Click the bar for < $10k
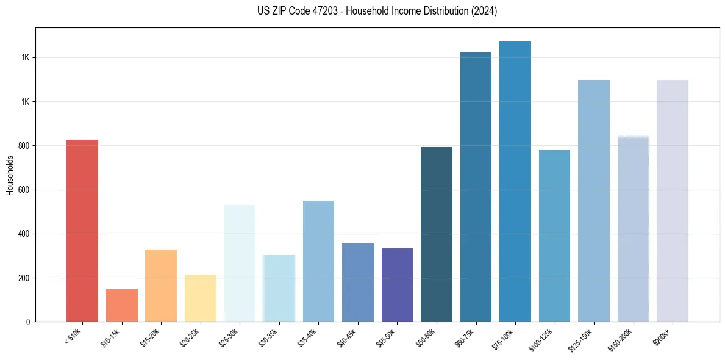point(82,231)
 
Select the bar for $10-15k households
point(121,305)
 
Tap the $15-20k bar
point(161,286)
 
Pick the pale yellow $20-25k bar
point(200,298)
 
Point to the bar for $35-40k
point(318,261)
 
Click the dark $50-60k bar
point(437,234)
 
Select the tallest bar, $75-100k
point(515,181)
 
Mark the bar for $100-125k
point(554,236)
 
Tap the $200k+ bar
point(672,201)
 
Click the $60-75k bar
point(476,187)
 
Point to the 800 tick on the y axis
point(24,146)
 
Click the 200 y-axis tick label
point(24,278)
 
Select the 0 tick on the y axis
point(28,322)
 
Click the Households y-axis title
point(10,175)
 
